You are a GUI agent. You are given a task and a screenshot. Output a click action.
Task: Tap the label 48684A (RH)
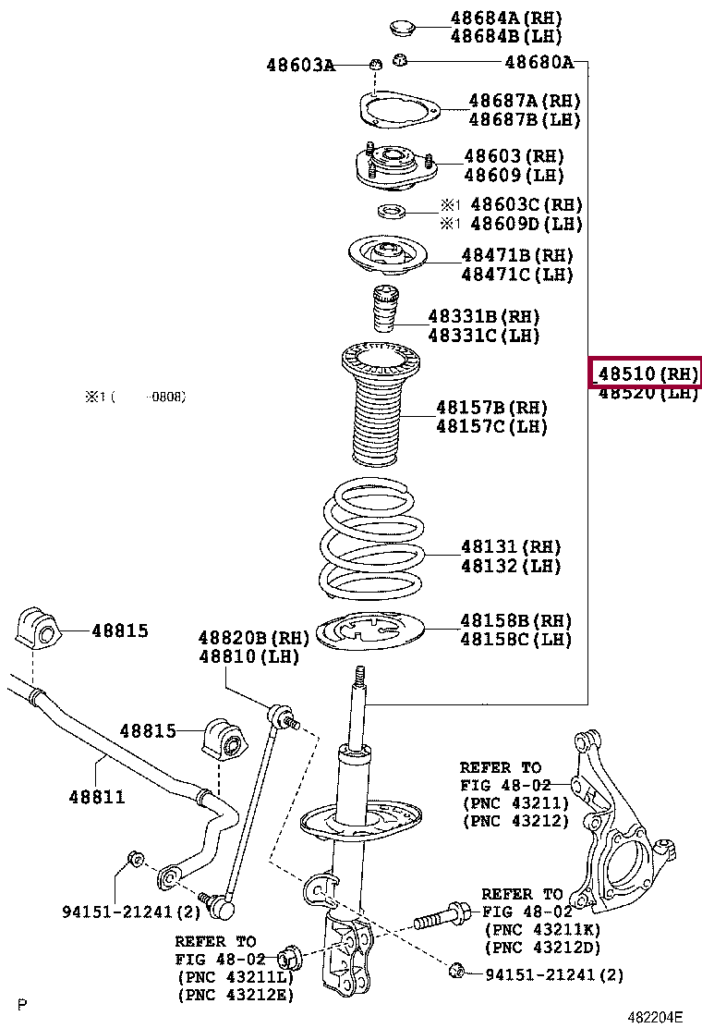tap(506, 18)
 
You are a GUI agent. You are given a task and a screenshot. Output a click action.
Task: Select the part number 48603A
tap(300, 65)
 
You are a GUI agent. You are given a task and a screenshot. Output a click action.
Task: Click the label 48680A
tap(539, 63)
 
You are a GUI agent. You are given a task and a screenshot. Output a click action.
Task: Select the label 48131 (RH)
tap(511, 547)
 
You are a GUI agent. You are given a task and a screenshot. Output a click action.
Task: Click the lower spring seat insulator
tap(371, 632)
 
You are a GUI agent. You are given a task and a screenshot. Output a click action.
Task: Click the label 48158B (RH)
tap(516, 619)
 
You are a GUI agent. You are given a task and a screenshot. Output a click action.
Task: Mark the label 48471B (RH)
tap(517, 255)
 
